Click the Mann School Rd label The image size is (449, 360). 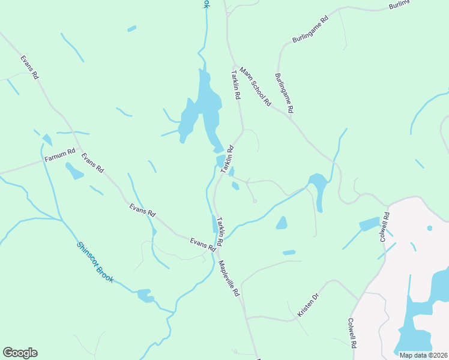(255, 86)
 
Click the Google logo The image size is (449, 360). (20, 353)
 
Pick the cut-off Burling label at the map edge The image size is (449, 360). (399, 5)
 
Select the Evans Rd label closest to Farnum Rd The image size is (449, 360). (92, 163)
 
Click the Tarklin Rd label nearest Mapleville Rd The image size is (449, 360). (220, 230)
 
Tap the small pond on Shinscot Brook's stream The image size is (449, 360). (145, 295)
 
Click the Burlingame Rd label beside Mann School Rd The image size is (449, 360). (285, 93)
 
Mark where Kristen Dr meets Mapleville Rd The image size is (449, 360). (246, 316)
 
